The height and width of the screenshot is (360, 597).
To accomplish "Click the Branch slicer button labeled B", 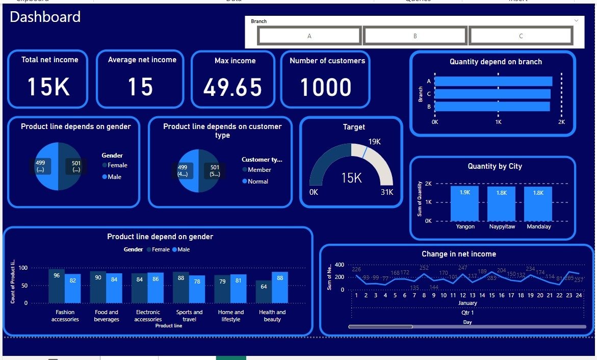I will pos(414,36).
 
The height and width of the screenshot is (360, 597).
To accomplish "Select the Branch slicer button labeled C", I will pos(520,36).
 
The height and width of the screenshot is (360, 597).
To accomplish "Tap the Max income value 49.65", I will pos(232,87).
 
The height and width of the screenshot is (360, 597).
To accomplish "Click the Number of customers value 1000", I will pos(325,87).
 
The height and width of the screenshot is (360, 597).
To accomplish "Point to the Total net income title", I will pos(50,60).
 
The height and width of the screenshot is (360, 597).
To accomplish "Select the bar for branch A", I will pos(493,81).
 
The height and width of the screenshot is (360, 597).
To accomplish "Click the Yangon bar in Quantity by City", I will pos(464,202).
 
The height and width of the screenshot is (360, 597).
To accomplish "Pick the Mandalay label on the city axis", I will pos(538,226).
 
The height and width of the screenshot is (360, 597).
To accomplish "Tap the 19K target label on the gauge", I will pos(374,141).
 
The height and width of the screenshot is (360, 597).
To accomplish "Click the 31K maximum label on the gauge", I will pos(387,192).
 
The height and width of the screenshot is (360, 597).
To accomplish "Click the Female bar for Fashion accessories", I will pos(57,286).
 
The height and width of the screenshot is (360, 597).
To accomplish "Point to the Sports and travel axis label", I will pos(189,316).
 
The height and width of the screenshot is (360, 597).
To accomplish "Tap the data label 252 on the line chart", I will pos(424,268).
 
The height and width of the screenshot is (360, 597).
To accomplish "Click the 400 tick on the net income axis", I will pos(339,265).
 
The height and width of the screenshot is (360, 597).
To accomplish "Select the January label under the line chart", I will pos(468,303).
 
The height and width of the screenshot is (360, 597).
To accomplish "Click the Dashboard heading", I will pos(45,17).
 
